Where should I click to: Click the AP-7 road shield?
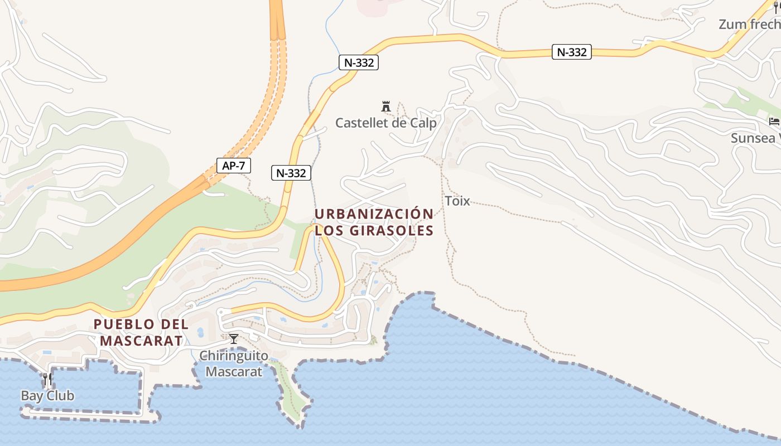[234, 166]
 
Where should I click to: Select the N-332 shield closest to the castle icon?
[359, 62]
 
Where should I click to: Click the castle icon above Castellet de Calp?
[385, 106]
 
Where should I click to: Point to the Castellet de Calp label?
[385, 123]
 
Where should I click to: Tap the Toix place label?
[457, 201]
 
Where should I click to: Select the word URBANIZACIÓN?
[374, 214]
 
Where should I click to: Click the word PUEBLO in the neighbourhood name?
[124, 324]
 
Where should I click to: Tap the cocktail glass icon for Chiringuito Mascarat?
[234, 338]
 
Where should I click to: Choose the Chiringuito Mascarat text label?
[234, 363]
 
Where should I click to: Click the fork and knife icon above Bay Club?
[47, 380]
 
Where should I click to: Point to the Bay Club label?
[47, 396]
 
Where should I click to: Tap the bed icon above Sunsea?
[774, 122]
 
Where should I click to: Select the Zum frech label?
[750, 24]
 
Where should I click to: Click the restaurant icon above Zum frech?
[775, 7]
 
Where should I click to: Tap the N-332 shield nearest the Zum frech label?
[572, 52]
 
